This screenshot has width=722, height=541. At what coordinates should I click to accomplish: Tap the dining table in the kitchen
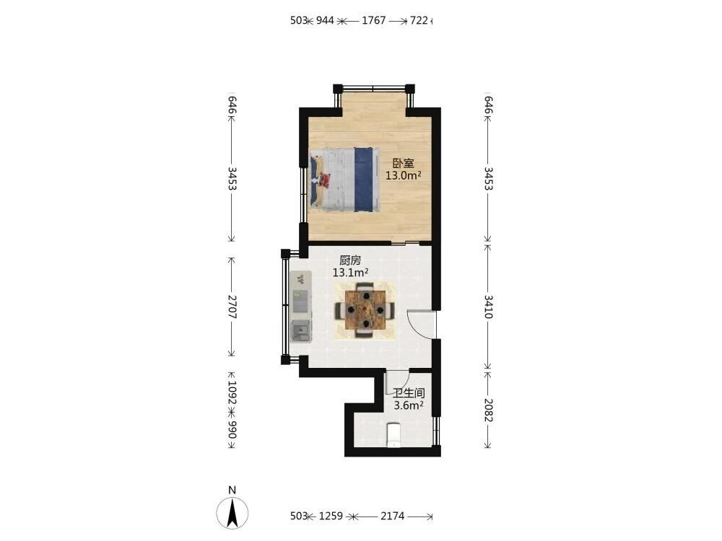[365, 310]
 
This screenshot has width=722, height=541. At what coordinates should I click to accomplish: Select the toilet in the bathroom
[393, 435]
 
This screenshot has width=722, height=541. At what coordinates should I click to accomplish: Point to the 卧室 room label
[404, 163]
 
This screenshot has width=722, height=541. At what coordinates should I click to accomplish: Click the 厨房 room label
[350, 260]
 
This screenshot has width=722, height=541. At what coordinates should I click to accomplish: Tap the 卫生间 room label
[409, 393]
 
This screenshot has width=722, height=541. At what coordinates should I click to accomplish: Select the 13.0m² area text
[404, 175]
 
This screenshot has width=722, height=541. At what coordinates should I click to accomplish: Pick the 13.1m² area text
[350, 273]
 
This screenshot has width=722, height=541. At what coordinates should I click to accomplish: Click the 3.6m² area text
[409, 405]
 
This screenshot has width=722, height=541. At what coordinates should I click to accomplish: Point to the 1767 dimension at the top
[373, 20]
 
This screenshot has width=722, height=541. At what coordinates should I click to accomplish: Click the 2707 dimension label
[232, 307]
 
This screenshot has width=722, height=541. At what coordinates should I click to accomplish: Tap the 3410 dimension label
[489, 307]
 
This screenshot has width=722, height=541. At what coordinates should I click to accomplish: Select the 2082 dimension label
[489, 410]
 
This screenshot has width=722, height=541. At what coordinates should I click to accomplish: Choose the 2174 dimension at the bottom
[392, 516]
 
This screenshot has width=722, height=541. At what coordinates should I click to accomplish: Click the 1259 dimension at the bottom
[331, 516]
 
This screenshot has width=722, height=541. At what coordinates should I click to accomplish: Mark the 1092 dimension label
[232, 392]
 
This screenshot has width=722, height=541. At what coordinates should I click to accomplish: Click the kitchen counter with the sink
[301, 306]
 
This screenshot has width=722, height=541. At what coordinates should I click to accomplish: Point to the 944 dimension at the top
[325, 20]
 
